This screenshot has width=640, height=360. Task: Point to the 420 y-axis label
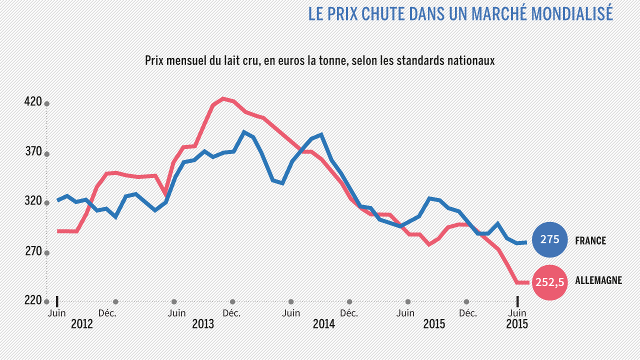coord(33,102)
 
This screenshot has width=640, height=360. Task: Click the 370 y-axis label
coord(33,152)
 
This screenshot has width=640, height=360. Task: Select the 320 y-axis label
coord(33,201)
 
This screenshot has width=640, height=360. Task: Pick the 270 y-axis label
coord(33,251)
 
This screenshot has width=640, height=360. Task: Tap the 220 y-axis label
coord(33,300)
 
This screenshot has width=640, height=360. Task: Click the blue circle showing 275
coord(550,240)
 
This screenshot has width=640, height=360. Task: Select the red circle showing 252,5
coord(550,282)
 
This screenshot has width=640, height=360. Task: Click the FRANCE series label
coord(590,240)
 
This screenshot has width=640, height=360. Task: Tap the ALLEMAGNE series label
coord(598,280)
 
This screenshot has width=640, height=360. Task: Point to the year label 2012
coord(81,324)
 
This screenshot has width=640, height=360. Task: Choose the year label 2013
coord(203,324)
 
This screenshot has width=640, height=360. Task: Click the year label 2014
coord(324,324)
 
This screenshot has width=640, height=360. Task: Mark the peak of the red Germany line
coord(223,98)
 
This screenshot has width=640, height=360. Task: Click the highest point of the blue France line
coord(244,132)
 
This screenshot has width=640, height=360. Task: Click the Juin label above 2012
coord(56,313)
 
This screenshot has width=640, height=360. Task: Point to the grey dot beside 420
coord(47,104)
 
